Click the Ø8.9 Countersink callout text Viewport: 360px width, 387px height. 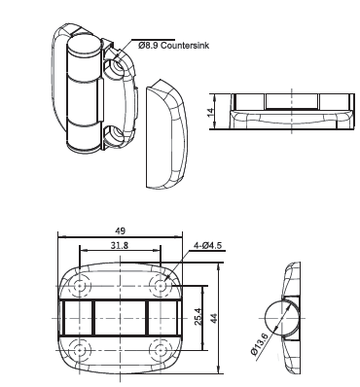coord(173,46)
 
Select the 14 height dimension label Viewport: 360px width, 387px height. coord(211,112)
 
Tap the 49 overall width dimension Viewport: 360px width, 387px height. coord(120,231)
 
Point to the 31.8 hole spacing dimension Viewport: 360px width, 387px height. coord(120,245)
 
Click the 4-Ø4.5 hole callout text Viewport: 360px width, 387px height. coord(207,245)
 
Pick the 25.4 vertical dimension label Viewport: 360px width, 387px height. coord(198,317)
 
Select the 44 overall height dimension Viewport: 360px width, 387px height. coord(214,318)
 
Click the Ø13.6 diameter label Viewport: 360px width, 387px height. coord(259,345)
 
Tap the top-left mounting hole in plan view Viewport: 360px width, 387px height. coord(79,286)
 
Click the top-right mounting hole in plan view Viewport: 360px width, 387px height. coord(160,286)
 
